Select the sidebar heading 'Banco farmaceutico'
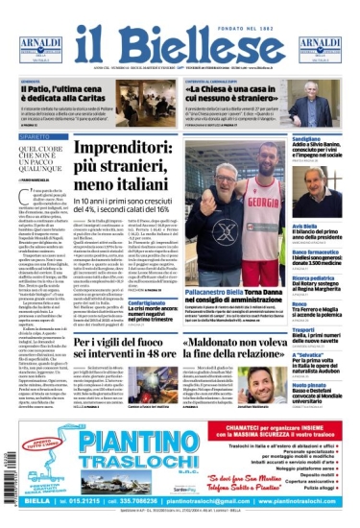(313, 252)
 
